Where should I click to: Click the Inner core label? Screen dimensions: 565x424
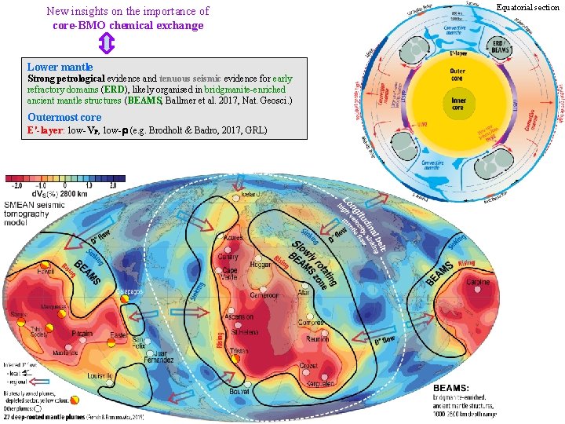458,102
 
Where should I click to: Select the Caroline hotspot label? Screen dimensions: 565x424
478,282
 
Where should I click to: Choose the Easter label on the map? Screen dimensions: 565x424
120,335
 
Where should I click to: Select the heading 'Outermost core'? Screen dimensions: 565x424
64,118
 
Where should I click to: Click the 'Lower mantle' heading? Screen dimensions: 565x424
60,68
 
